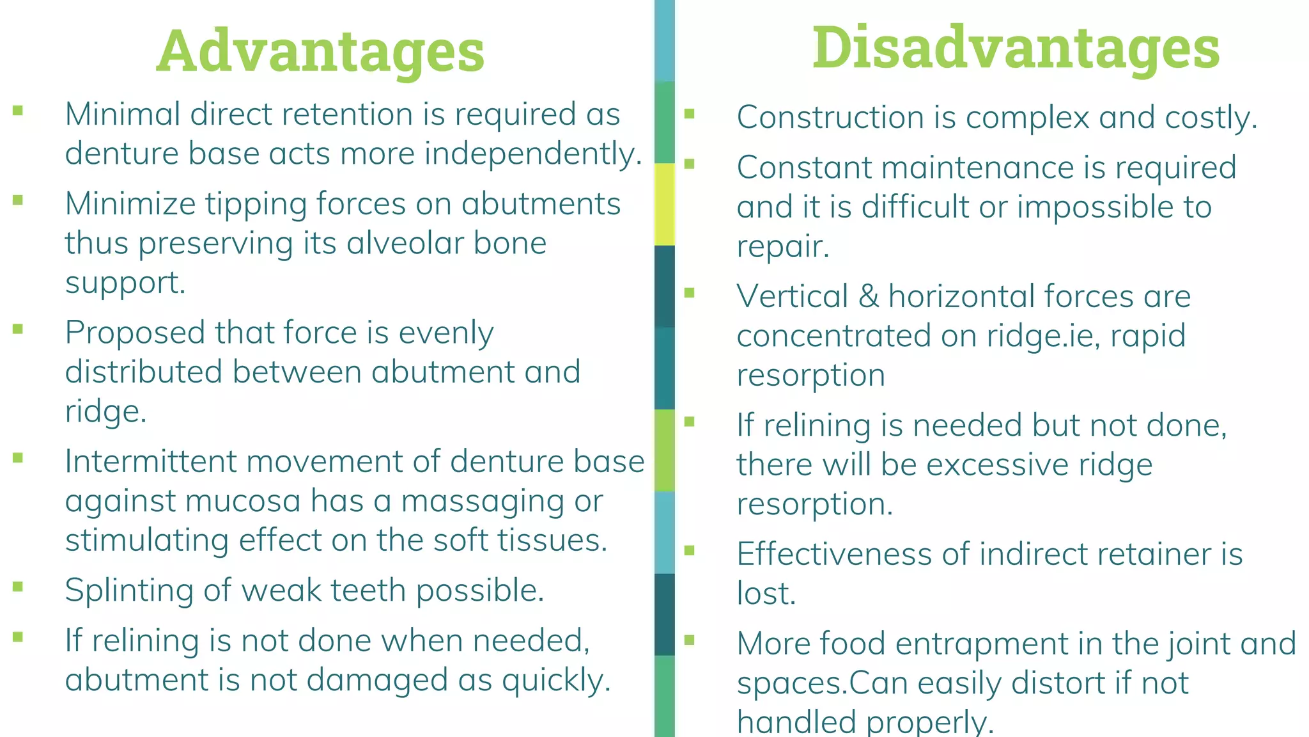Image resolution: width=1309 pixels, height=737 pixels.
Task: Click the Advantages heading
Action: (320, 51)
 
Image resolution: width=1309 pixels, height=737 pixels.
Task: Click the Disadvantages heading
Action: (1016, 48)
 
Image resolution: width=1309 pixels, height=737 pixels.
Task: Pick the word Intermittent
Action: (151, 461)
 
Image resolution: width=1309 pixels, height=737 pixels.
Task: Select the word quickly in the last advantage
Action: (556, 680)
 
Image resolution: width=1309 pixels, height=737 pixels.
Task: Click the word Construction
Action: (830, 118)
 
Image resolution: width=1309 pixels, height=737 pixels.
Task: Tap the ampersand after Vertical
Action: (869, 297)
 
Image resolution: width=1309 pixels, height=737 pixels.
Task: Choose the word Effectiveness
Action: (834, 554)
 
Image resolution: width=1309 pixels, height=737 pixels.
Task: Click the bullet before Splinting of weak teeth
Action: (18, 586)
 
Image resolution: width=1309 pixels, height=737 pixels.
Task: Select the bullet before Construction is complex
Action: (689, 114)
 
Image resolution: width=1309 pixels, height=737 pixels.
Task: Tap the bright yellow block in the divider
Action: (665, 204)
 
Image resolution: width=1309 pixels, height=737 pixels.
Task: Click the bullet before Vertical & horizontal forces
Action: (689, 293)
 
